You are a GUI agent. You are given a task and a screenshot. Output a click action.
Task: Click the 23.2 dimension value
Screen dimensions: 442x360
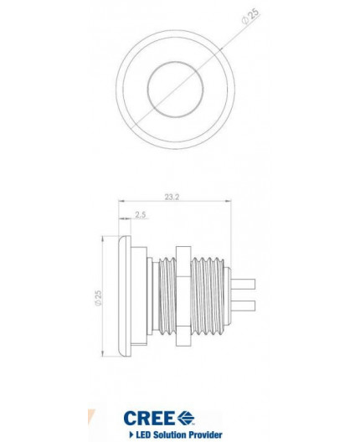click(173, 198)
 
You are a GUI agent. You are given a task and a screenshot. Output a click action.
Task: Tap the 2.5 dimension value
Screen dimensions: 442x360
click(139, 216)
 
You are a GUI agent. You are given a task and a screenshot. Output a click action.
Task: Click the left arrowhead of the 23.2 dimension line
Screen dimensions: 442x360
click(122, 203)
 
